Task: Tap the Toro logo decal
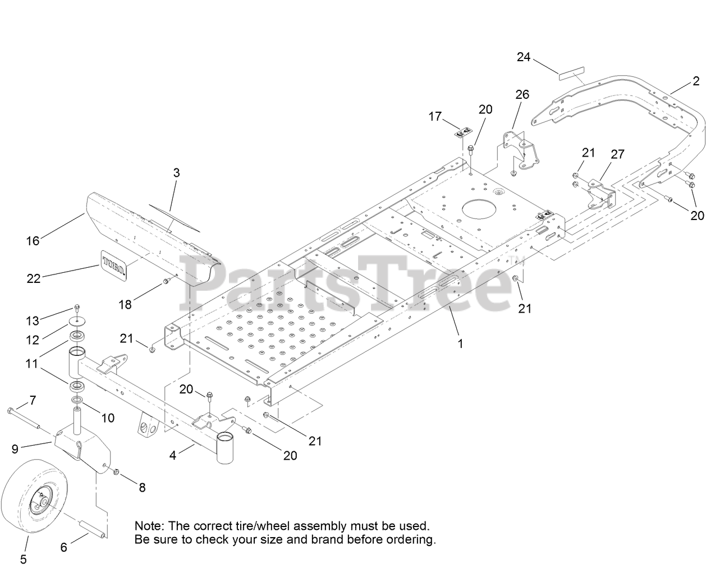113,263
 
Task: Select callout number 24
524,57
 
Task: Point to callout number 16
33,241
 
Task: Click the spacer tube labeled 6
93,529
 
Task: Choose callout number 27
617,154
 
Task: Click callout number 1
461,343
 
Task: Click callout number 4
173,456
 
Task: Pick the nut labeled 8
117,471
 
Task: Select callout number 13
33,320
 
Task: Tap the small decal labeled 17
462,133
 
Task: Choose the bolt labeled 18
166,281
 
